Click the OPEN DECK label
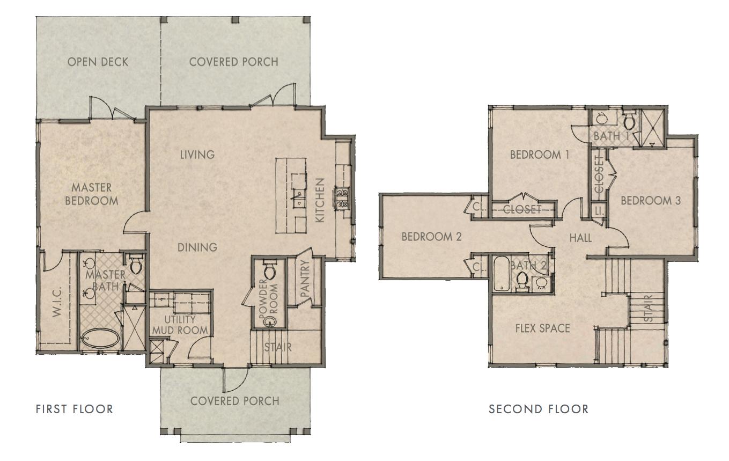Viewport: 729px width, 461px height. coord(98,62)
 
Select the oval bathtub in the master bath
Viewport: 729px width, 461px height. coord(101,339)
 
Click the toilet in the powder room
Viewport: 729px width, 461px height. coord(269,270)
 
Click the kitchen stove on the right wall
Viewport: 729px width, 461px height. coord(341,197)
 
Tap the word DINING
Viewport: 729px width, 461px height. coord(197,247)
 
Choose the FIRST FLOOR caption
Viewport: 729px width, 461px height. coord(75,409)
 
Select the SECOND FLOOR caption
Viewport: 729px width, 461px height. coord(538,409)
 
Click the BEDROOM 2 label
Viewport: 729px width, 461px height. coord(431,237)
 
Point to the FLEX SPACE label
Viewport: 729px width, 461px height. coord(542,328)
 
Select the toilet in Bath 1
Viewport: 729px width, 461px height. coord(629,120)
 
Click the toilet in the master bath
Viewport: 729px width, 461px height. coord(136,265)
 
